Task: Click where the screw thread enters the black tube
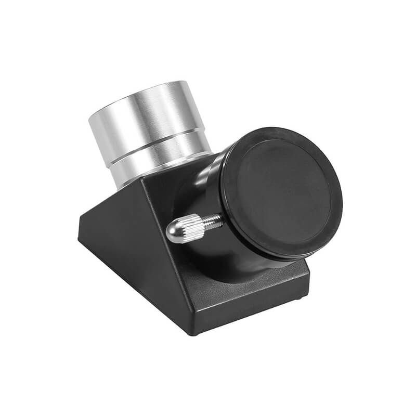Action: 222,219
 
